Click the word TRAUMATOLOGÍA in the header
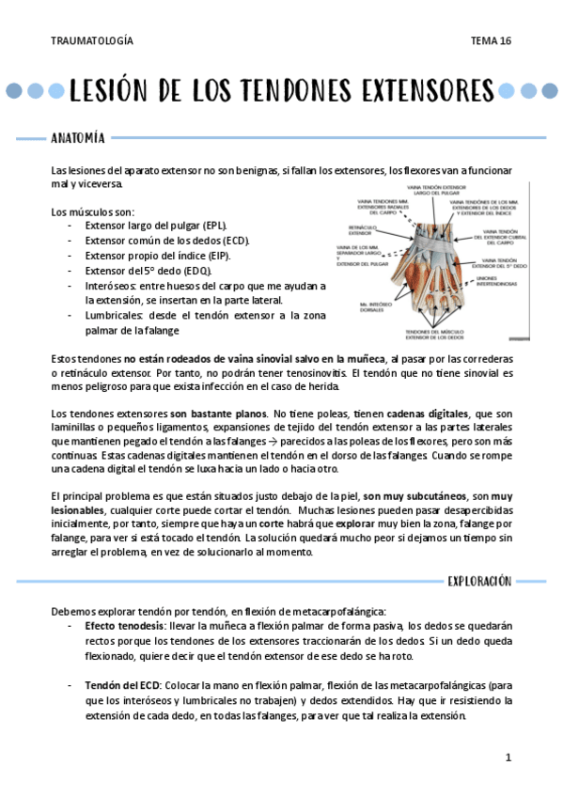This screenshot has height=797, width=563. (x=91, y=41)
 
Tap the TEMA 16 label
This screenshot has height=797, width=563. (x=492, y=41)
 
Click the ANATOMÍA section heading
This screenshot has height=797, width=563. (x=78, y=139)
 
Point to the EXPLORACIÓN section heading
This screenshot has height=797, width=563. (x=479, y=581)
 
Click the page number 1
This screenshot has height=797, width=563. (x=508, y=758)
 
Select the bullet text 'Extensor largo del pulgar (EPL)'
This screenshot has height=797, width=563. (x=156, y=227)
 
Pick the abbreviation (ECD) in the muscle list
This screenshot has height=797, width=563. (x=237, y=241)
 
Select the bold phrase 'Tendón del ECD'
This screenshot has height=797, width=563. (x=122, y=684)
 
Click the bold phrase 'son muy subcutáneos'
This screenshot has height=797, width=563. (x=416, y=494)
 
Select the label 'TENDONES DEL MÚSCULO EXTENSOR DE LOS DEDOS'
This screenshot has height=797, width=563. (x=438, y=335)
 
